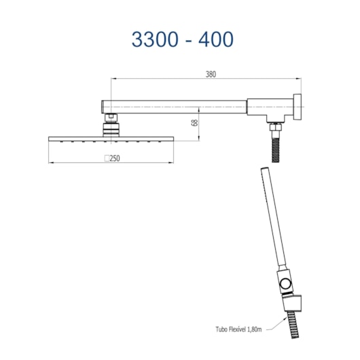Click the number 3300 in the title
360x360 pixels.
tap(155, 39)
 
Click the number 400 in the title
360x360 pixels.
tap(216, 39)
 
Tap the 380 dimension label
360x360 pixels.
tap(211, 75)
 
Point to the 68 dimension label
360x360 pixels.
tap(194, 122)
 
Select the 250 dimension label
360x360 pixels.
tap(115, 158)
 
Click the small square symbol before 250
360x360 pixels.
tap(107, 158)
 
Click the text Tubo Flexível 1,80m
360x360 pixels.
tap(238, 329)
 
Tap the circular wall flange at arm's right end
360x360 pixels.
tap(297, 107)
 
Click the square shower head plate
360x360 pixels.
tap(111, 139)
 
